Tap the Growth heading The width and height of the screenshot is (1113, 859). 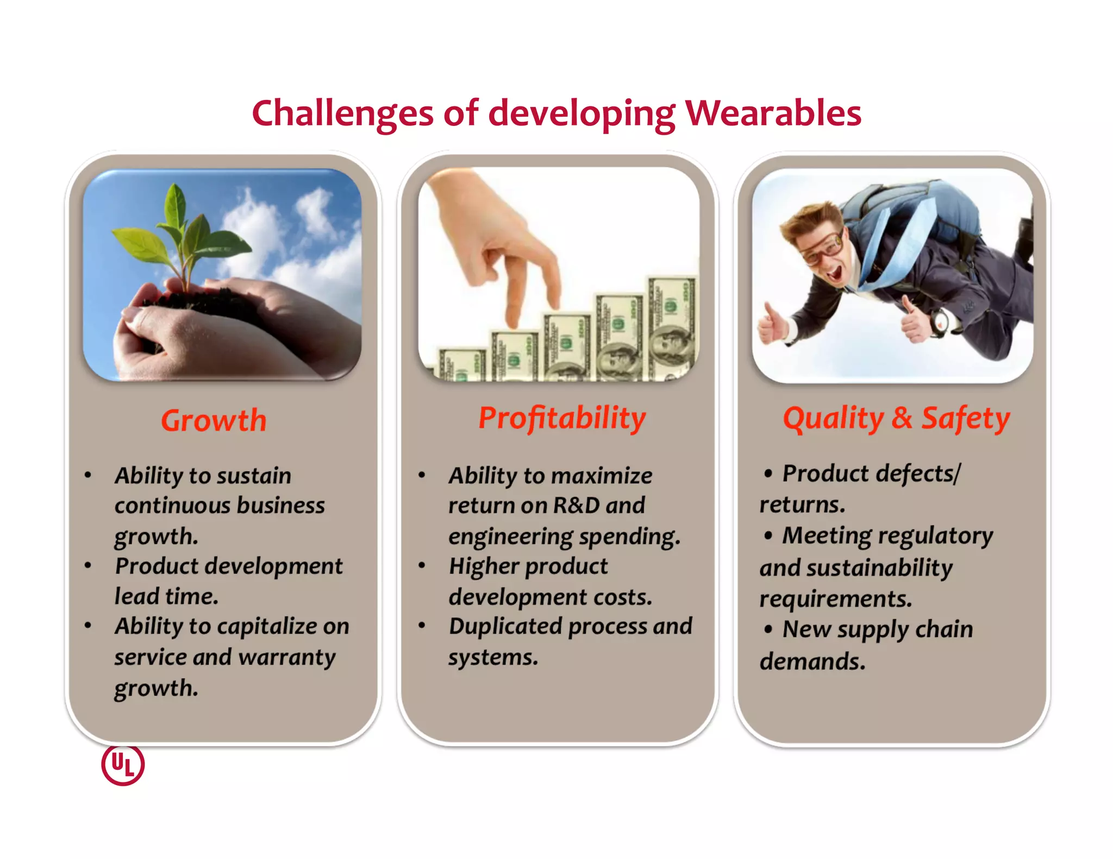point(214,421)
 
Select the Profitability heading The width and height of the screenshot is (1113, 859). point(562,419)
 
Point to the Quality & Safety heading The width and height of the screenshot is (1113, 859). point(896,419)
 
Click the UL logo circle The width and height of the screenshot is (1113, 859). point(123,765)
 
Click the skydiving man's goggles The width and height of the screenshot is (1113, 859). point(823,247)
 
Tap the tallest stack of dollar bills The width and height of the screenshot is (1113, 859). point(672,326)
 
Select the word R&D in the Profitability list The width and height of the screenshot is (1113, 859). point(576,506)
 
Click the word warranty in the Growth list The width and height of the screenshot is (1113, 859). point(287,658)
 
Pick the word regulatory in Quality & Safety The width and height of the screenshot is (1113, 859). point(941,536)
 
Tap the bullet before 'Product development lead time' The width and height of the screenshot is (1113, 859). point(88,565)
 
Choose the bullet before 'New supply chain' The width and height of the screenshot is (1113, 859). point(768,629)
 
